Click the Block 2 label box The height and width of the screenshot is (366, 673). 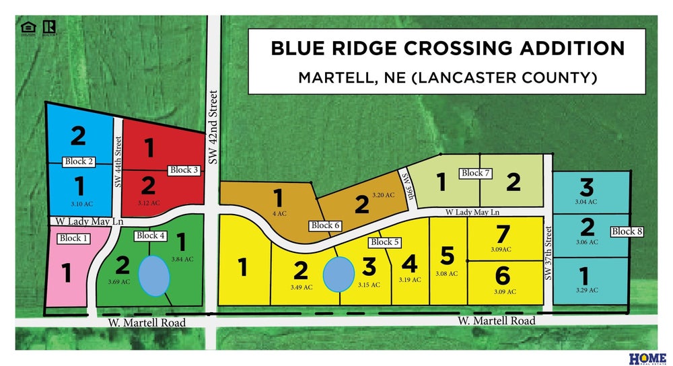click(79, 161)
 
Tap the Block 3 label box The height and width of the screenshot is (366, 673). click(184, 170)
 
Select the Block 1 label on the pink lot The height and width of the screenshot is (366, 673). click(74, 238)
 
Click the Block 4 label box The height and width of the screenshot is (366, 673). click(151, 235)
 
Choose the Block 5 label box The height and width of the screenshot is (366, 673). click(386, 242)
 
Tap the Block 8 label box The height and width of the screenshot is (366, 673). click(627, 231)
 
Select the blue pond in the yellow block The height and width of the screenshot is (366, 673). click(338, 274)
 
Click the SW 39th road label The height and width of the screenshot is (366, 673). click(406, 182)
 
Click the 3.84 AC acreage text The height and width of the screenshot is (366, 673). click(182, 259)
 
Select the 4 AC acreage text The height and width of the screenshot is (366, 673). click(277, 213)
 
